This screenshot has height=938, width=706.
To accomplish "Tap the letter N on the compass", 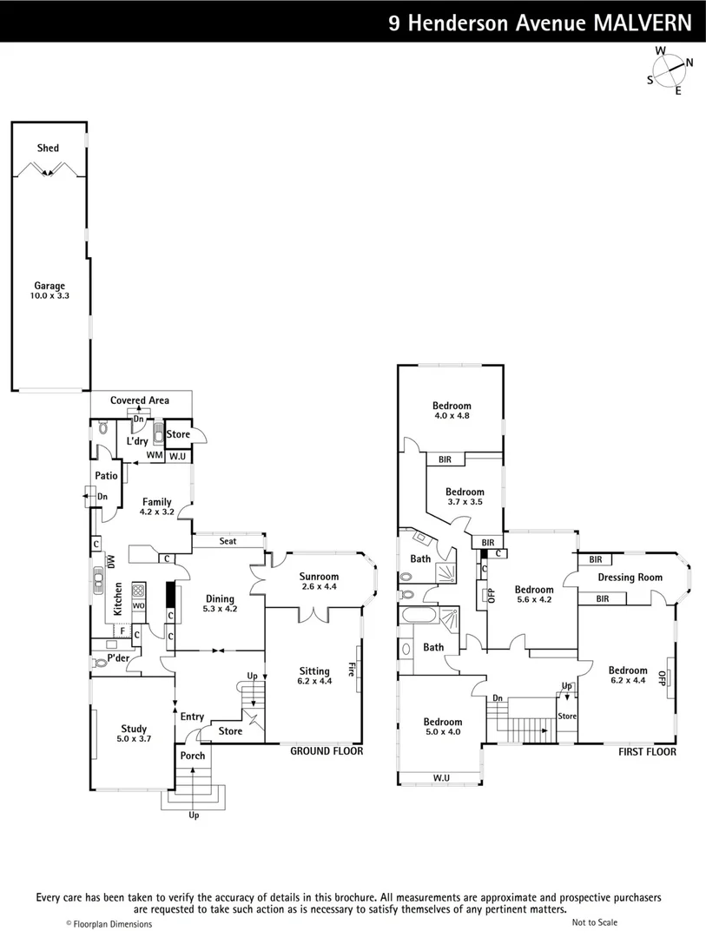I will click(x=690, y=63).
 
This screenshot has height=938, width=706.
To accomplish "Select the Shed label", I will click(x=48, y=149).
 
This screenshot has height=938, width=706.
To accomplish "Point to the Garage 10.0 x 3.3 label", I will click(x=49, y=291).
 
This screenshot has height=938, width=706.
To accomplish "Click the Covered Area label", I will click(x=139, y=400).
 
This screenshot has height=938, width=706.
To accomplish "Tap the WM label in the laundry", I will click(x=154, y=455).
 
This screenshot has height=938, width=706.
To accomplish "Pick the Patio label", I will click(x=106, y=476).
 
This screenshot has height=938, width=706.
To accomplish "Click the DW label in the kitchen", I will click(x=111, y=561).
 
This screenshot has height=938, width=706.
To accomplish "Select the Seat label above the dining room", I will click(x=228, y=541).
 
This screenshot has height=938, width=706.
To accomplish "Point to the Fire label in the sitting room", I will click(x=351, y=670).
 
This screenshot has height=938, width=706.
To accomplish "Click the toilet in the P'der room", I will click(x=99, y=663).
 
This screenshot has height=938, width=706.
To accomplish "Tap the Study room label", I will click(x=134, y=734).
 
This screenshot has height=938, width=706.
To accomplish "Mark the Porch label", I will click(x=192, y=756).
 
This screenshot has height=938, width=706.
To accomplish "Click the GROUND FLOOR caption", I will click(x=326, y=751).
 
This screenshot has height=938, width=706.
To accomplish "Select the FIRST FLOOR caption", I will click(x=646, y=752).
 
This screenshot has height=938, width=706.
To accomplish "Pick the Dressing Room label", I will click(x=630, y=578).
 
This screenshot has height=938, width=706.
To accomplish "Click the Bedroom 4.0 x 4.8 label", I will click(x=452, y=410).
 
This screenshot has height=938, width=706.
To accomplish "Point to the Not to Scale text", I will click(x=595, y=923).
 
